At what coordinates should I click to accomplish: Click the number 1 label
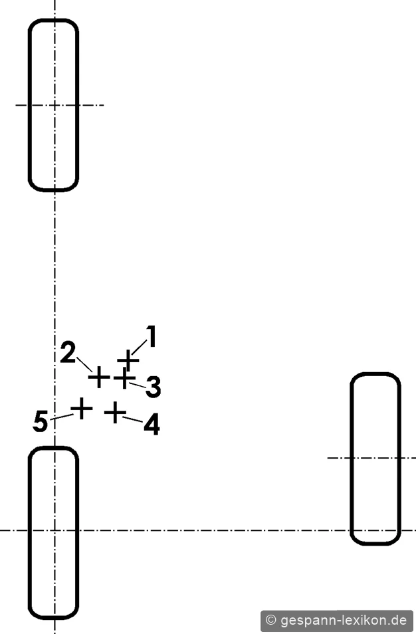pos(152,336)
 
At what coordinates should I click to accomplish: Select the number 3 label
pos(154,387)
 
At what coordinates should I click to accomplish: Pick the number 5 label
pos(41,421)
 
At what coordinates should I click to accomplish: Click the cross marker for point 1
pos(128,360)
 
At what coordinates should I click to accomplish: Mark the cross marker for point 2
pos(99,377)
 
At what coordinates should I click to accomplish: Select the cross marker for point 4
pos(115,412)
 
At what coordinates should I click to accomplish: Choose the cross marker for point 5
pos(81,408)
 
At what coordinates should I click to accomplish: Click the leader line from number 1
pos(139,348)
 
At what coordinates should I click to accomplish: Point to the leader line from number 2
pos(84,364)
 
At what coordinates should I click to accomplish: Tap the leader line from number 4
pos(133,419)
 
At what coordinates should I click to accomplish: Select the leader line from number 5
pos(62,417)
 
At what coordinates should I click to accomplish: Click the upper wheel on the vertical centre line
pos(53,105)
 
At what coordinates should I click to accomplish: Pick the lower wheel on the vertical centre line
pos(53,533)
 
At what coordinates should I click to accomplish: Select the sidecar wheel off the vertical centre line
pos(375,459)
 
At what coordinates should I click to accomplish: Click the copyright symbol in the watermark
pos(270,620)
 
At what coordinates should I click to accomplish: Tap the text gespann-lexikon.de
pos(343,620)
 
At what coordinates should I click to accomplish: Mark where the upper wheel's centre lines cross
pos(54,105)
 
